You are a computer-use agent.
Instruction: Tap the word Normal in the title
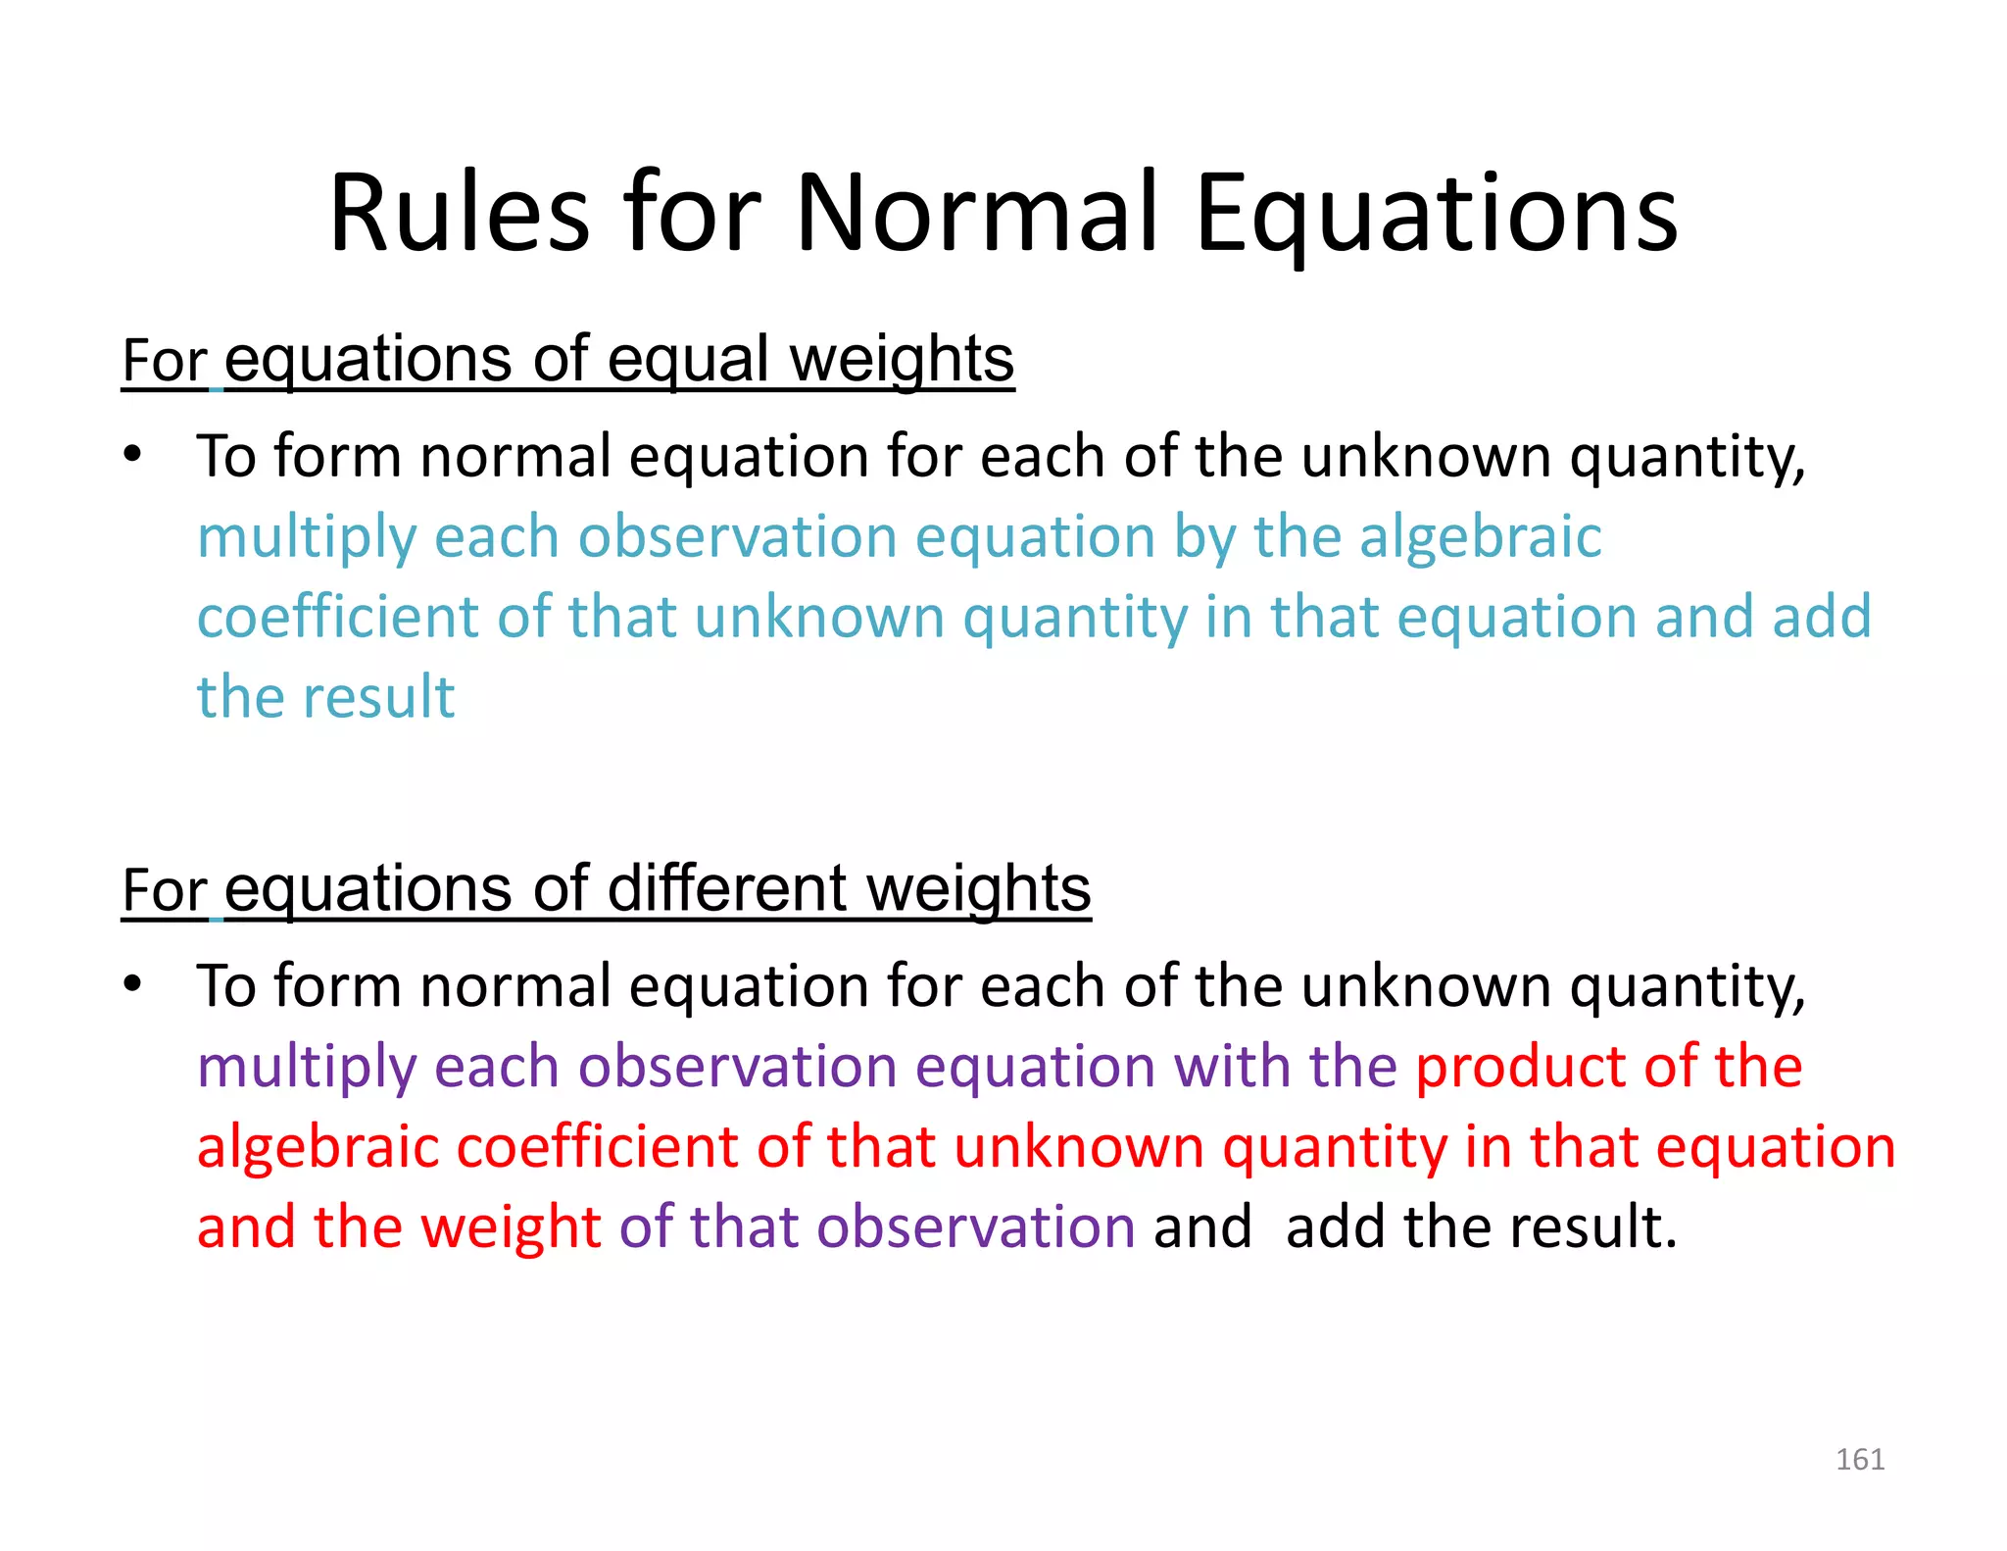click(977, 213)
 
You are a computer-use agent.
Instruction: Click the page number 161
click(1859, 1459)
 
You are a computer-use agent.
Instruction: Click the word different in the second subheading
click(726, 889)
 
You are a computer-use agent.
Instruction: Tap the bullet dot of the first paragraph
click(133, 455)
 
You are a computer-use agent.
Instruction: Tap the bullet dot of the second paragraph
click(133, 983)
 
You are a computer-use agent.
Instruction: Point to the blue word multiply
click(307, 538)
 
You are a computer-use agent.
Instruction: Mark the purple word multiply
click(307, 1068)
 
